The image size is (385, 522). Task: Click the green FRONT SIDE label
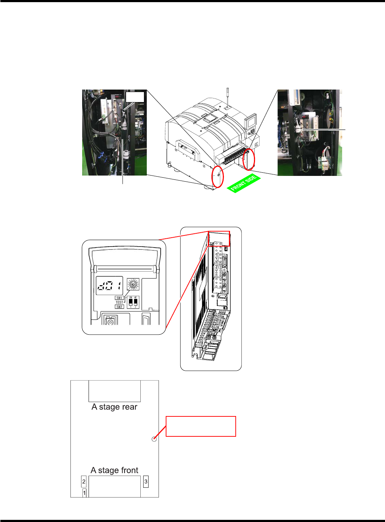coord(244,183)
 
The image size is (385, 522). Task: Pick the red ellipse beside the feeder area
coord(249,159)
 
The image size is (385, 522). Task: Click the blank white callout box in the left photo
coord(135,97)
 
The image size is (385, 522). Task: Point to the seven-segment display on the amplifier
coord(109,285)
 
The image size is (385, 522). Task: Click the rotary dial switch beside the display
coord(133,284)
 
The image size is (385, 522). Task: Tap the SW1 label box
coord(119,298)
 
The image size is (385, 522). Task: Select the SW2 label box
coord(119,307)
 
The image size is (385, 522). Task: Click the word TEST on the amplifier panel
coord(119,302)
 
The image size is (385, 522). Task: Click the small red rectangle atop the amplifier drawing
coord(219,238)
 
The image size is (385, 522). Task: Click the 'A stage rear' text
coord(114,407)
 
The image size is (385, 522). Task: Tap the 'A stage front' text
coord(114,470)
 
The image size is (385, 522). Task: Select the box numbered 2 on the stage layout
coord(84,482)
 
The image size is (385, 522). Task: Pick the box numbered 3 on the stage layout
coord(146,481)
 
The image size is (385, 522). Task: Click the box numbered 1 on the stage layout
coord(84,493)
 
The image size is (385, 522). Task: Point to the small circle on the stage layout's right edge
coord(154,439)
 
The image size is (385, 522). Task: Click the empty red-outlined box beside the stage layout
coord(201,426)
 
